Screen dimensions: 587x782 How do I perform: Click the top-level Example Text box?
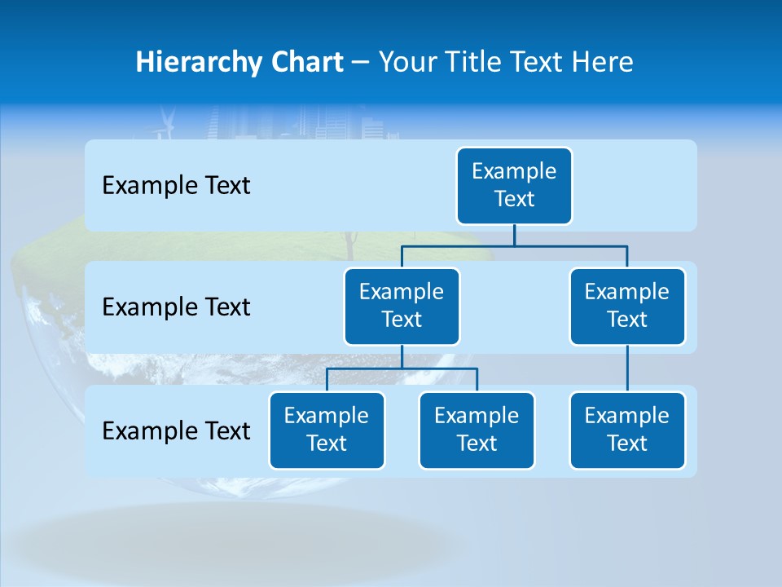tap(514, 185)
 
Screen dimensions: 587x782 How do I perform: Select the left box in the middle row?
tap(402, 306)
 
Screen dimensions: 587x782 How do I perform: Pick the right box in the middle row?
tap(627, 306)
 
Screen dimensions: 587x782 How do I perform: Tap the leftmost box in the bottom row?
tap(327, 430)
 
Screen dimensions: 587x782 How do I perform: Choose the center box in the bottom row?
tap(477, 430)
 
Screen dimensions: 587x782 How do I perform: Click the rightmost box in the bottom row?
tap(627, 430)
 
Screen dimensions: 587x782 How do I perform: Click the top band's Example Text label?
tap(176, 186)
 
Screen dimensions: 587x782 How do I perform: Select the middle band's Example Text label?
tap(176, 307)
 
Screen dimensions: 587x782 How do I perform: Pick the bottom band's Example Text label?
tap(176, 430)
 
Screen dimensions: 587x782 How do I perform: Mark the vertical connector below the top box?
tap(514, 235)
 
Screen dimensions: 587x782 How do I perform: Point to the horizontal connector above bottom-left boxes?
tap(402, 369)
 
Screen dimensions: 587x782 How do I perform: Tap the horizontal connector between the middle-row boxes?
tap(514, 245)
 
